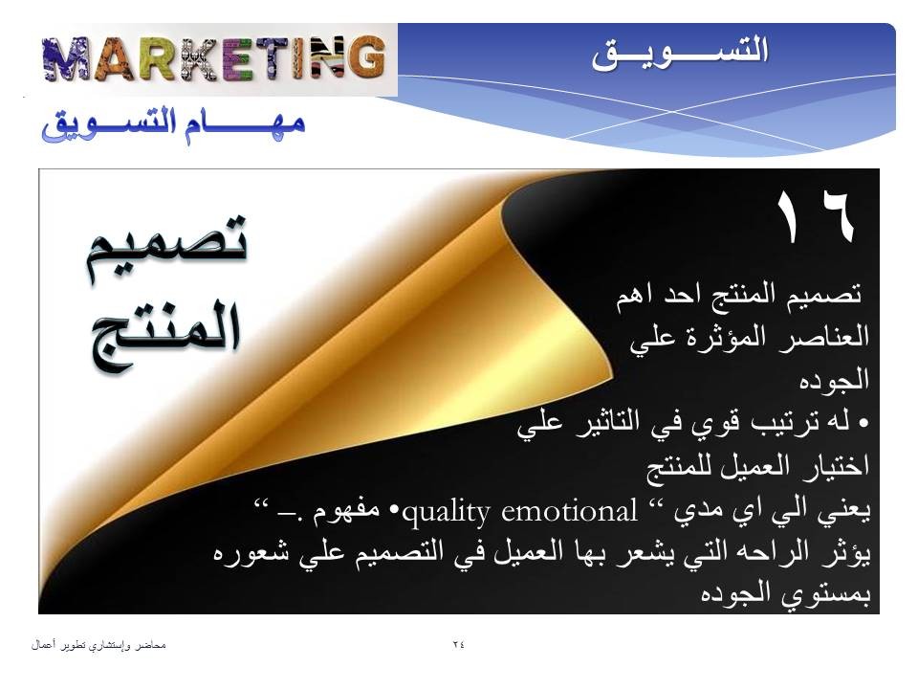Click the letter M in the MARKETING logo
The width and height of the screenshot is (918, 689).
pos(66,58)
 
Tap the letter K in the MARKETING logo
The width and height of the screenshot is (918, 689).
pos(200,58)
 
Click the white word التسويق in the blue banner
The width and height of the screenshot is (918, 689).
pos(679,53)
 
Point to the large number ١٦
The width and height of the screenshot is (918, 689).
pos(815,216)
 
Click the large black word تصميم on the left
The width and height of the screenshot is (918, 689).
pos(166,246)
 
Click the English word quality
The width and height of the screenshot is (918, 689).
pos(447,512)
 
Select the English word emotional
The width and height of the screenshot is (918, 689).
pos(569,511)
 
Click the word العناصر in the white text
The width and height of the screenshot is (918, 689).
pos(824,337)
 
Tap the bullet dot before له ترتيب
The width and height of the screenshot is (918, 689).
pos(863,423)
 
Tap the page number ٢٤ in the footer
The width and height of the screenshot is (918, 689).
pos(458,644)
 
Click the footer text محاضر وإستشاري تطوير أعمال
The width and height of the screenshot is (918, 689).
pos(98,645)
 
